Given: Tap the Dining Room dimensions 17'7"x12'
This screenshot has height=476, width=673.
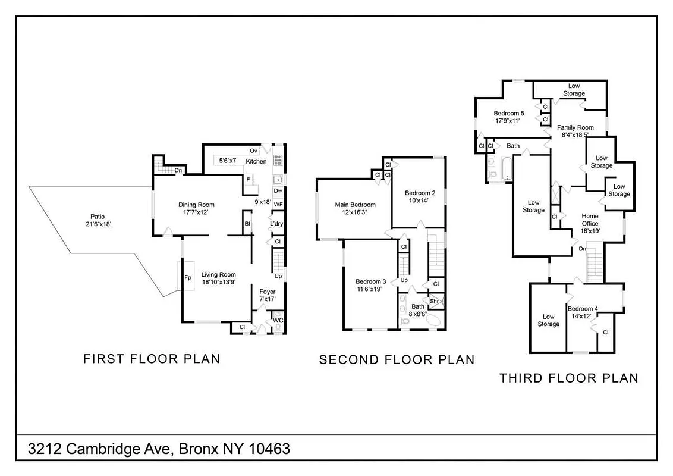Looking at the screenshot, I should click(196, 212).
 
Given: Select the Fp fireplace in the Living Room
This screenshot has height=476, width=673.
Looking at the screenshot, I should click(187, 277).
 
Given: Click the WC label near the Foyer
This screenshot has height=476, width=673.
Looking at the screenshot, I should click(278, 321).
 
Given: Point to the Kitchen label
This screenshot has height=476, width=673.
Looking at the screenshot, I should click(256, 161).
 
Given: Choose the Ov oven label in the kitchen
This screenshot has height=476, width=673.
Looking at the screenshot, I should click(253, 151).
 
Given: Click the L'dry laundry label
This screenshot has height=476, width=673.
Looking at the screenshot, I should click(276, 224).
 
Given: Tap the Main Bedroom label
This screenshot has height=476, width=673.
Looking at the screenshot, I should click(354, 205).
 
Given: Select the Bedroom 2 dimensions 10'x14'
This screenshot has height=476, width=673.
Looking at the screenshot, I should click(420, 201).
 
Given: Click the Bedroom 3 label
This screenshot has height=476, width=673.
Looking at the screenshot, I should click(371, 281).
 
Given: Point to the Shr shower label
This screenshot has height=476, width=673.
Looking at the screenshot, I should click(434, 302).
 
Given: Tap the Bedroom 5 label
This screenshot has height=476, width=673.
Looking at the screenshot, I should click(509, 113).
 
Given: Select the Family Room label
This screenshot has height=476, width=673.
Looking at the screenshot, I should click(575, 127).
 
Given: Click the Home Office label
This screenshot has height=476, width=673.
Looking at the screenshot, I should click(590, 216).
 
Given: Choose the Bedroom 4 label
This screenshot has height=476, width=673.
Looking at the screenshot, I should click(583, 308).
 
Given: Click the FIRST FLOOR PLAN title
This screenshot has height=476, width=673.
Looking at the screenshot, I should click(152, 359).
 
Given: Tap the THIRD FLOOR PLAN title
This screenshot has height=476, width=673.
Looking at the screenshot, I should click(568, 378).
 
